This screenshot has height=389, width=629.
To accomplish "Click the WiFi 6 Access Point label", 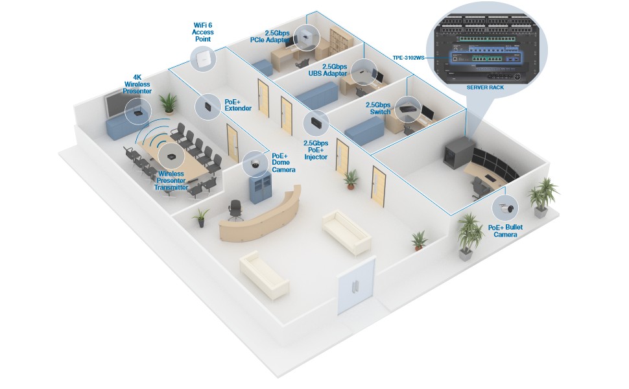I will (x=202, y=31).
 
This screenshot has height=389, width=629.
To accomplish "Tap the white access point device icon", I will (x=203, y=59).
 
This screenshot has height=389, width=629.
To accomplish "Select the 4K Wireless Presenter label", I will (x=137, y=84).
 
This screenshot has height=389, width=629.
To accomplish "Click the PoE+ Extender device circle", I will (x=208, y=106).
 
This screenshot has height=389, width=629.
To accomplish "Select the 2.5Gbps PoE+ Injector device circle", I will (x=315, y=121).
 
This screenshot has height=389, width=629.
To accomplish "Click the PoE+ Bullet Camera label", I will (x=505, y=231).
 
